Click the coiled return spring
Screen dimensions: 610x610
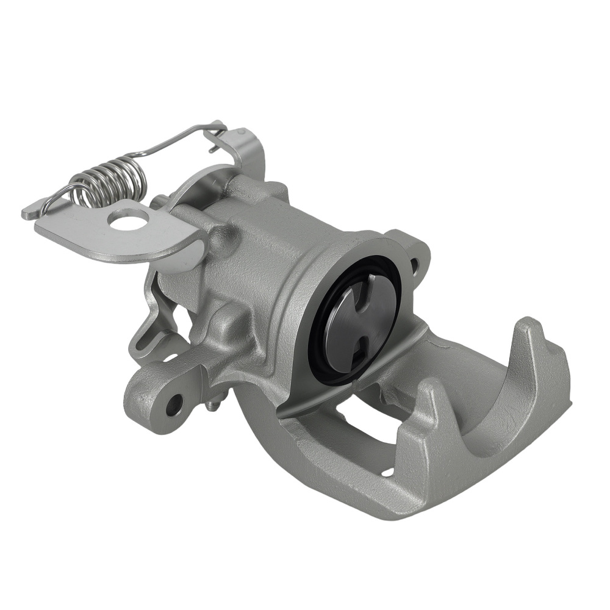[110, 181]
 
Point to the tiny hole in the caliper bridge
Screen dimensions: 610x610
[387, 471]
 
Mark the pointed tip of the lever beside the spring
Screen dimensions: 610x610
[27, 213]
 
